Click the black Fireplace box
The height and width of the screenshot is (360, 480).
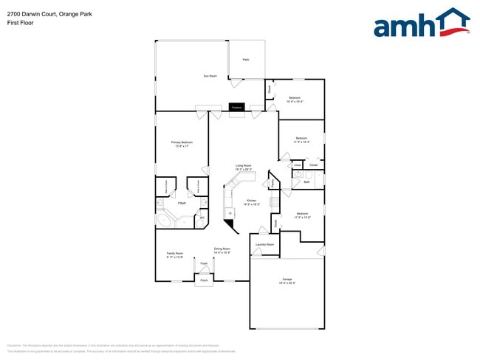click(236, 108)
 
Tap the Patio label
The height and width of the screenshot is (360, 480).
click(246, 60)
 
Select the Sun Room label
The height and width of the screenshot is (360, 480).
click(210, 76)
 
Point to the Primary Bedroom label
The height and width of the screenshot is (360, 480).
click(182, 142)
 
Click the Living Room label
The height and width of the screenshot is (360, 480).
click(244, 166)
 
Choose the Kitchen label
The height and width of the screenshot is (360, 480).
click(252, 201)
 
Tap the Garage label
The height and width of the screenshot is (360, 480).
click(287, 280)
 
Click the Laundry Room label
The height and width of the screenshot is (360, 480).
click(265, 244)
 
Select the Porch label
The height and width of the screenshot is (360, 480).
click(204, 280)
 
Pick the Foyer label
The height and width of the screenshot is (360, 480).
click(204, 263)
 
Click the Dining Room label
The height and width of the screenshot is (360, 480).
click(222, 249)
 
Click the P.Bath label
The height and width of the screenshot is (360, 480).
click(181, 203)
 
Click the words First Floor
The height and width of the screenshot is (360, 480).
click(20, 23)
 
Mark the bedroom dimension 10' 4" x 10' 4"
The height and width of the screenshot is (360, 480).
click(295, 102)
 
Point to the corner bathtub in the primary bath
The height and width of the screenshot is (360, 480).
click(165, 221)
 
